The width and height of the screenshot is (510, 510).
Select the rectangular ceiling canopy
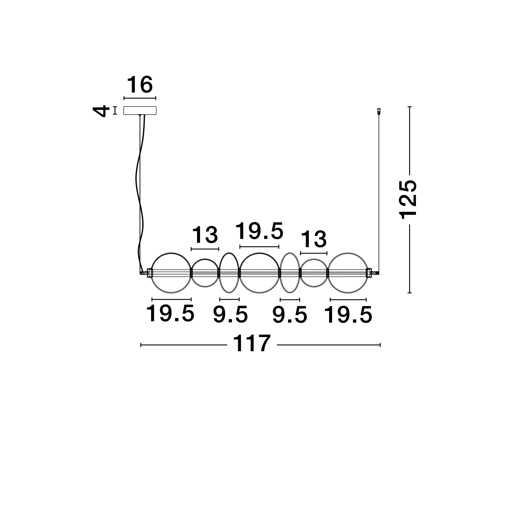(140, 111)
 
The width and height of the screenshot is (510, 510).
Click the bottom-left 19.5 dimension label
(170, 314)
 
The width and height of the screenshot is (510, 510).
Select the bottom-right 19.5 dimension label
(348, 315)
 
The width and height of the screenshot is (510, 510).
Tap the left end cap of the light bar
(149, 273)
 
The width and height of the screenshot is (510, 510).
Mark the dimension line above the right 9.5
(290, 300)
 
